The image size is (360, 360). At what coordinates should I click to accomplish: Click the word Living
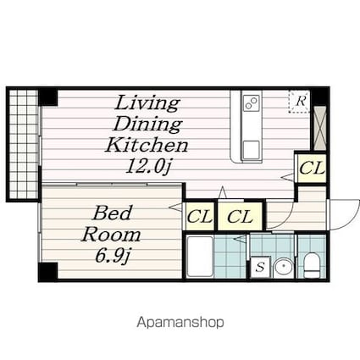coord(147,103)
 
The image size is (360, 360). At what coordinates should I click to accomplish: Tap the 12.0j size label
coord(148,166)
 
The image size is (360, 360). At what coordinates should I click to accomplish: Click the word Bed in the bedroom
coord(113,213)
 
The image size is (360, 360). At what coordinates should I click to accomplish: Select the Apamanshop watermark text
coord(180,323)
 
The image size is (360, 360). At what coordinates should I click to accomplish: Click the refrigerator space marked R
coord(299,102)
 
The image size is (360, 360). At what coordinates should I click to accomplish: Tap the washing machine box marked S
coord(260,267)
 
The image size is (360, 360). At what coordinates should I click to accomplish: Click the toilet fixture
coord(312,265)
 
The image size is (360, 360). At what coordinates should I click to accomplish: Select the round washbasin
coord(284,267)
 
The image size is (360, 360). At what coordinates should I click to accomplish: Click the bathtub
coord(200,257)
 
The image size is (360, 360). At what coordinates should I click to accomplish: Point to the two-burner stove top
coord(252,102)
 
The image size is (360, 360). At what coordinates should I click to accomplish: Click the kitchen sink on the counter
coord(252,150)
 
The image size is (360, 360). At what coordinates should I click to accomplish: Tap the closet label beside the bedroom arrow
coord(200,217)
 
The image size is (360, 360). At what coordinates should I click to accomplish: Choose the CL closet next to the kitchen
coord(312,169)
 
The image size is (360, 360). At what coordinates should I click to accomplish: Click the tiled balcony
coord(24,144)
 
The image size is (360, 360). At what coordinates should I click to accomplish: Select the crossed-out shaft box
coord(320,129)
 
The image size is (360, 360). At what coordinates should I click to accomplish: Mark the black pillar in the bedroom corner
coord(48,271)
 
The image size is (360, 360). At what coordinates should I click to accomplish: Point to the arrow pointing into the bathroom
coord(240,239)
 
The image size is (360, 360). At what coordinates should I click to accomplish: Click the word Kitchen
coord(147,145)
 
